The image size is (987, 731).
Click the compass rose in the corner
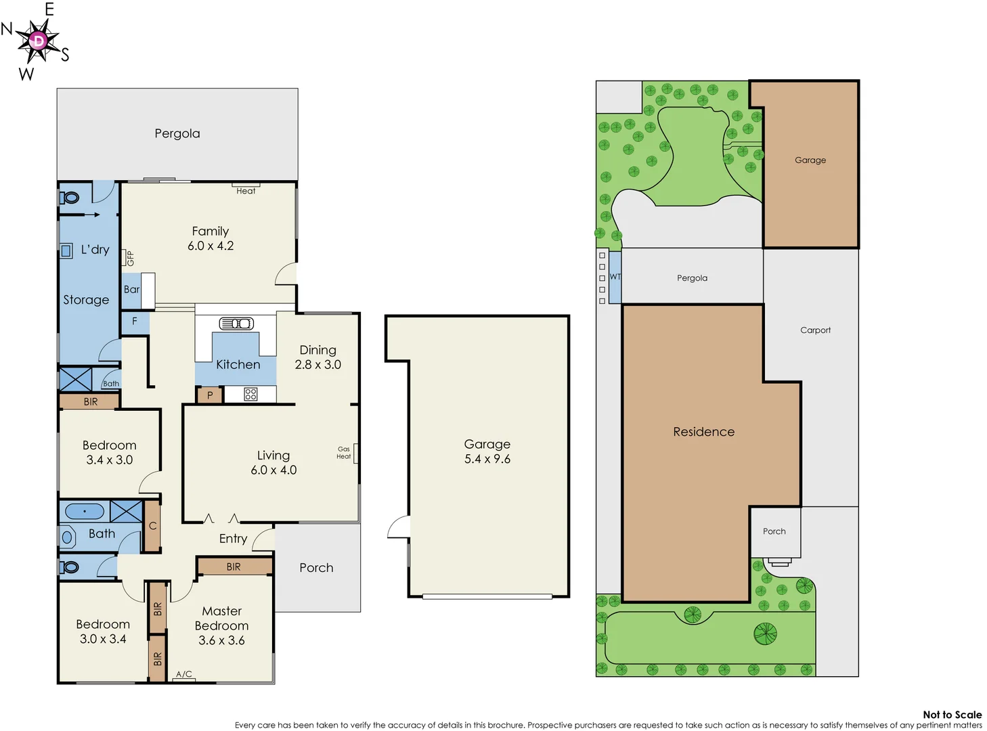38,41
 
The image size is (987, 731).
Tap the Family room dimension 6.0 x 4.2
211,246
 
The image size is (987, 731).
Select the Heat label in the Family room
246,191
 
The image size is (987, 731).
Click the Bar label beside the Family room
131,290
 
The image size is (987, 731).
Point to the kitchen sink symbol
236,324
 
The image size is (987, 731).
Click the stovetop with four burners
250,394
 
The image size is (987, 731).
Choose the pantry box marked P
210,395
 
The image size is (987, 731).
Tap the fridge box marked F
135,322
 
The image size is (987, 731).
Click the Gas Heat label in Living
344,453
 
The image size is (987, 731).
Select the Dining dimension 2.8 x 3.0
318,365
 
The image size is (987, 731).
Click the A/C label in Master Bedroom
184,674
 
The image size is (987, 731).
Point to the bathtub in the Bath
85,512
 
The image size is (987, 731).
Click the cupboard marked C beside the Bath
153,526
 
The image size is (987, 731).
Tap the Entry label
233,539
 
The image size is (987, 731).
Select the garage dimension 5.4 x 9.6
487,459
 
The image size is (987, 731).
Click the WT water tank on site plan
615,277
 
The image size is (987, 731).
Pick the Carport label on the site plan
815,330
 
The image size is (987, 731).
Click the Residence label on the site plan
703,432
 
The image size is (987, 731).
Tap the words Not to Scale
952,715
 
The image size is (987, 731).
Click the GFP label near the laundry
131,258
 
